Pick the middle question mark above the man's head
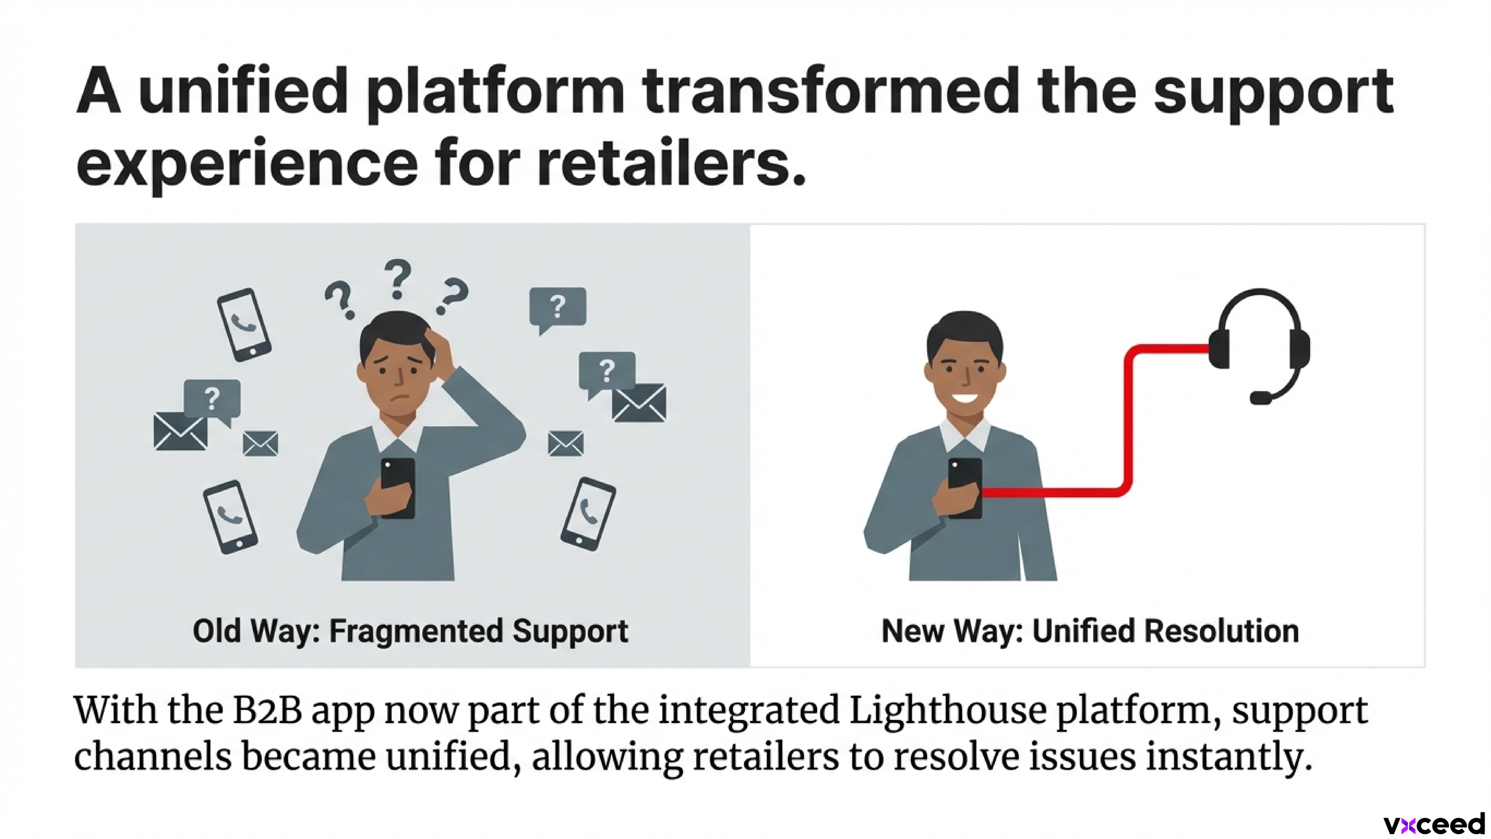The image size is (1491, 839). coord(398,278)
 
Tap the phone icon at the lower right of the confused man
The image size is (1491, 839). coord(588,514)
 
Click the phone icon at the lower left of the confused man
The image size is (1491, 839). coord(230,517)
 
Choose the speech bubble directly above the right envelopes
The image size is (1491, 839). coord(607,372)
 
